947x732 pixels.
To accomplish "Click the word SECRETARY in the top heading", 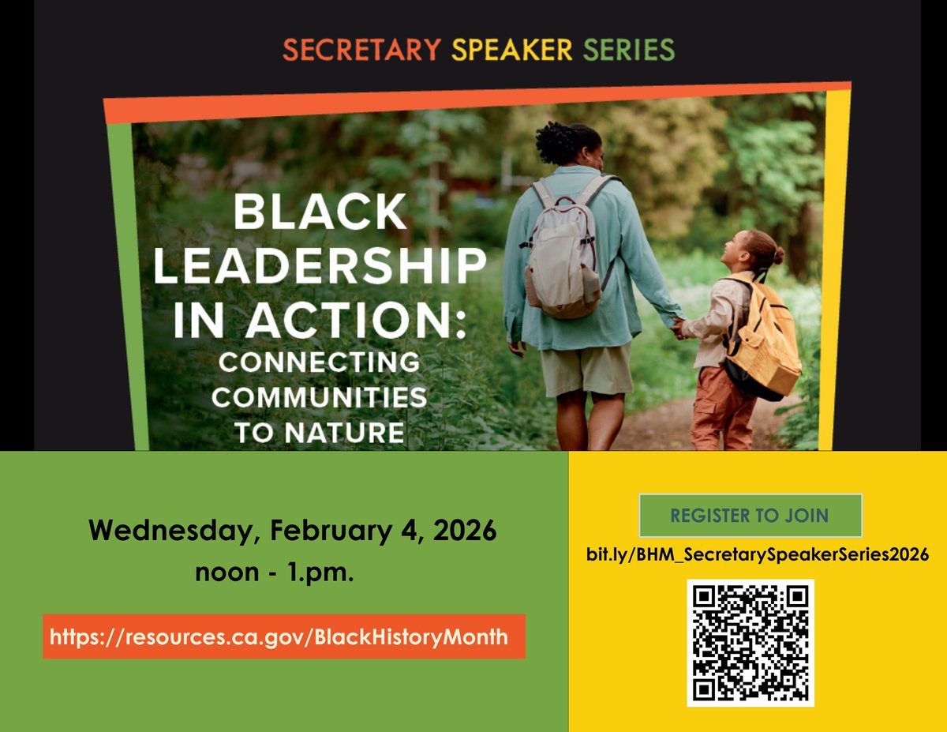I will [x=361, y=51].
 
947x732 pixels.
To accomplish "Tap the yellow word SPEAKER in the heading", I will [x=512, y=51].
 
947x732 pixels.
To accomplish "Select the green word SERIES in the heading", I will [x=629, y=51].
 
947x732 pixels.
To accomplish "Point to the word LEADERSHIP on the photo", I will [x=319, y=267].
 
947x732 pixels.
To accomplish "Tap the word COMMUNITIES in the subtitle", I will [x=319, y=397].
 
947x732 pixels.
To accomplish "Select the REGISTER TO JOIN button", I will [x=750, y=516].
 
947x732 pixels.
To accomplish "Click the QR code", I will [x=750, y=642].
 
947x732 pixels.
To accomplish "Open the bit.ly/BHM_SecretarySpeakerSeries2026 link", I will [x=757, y=554].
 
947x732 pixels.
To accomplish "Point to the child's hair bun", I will [x=778, y=255].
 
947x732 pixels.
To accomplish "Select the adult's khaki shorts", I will [x=586, y=370].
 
